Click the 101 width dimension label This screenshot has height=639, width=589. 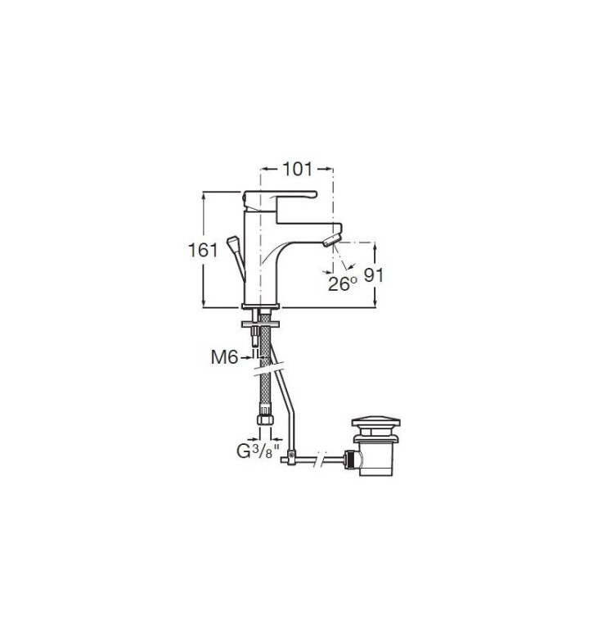click(x=297, y=169)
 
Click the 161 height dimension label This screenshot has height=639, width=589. click(x=203, y=250)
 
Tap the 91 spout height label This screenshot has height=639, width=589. click(x=373, y=275)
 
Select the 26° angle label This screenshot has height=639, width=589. click(x=342, y=283)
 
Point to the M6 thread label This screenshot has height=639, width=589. click(x=224, y=357)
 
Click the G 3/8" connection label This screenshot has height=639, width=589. click(x=259, y=451)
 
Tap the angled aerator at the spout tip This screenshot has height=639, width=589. click(x=332, y=241)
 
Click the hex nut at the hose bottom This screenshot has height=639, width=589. click(x=265, y=419)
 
